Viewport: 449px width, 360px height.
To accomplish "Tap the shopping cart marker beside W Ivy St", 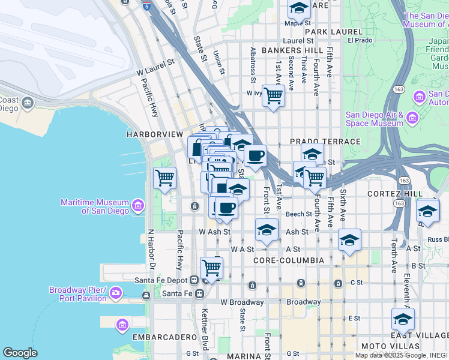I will point(273,95).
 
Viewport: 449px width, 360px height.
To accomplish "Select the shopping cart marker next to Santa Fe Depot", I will point(211,267).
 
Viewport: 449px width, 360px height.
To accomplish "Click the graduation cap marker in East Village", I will point(403,319).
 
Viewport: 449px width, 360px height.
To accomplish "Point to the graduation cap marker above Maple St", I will point(298,8).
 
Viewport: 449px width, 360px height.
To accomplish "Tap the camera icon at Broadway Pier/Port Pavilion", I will point(115,293).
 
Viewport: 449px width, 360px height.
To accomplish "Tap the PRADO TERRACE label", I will point(325,142).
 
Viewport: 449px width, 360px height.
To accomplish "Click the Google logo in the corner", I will point(20,353).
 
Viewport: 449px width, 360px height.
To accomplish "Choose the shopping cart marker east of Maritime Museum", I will point(164,178).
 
